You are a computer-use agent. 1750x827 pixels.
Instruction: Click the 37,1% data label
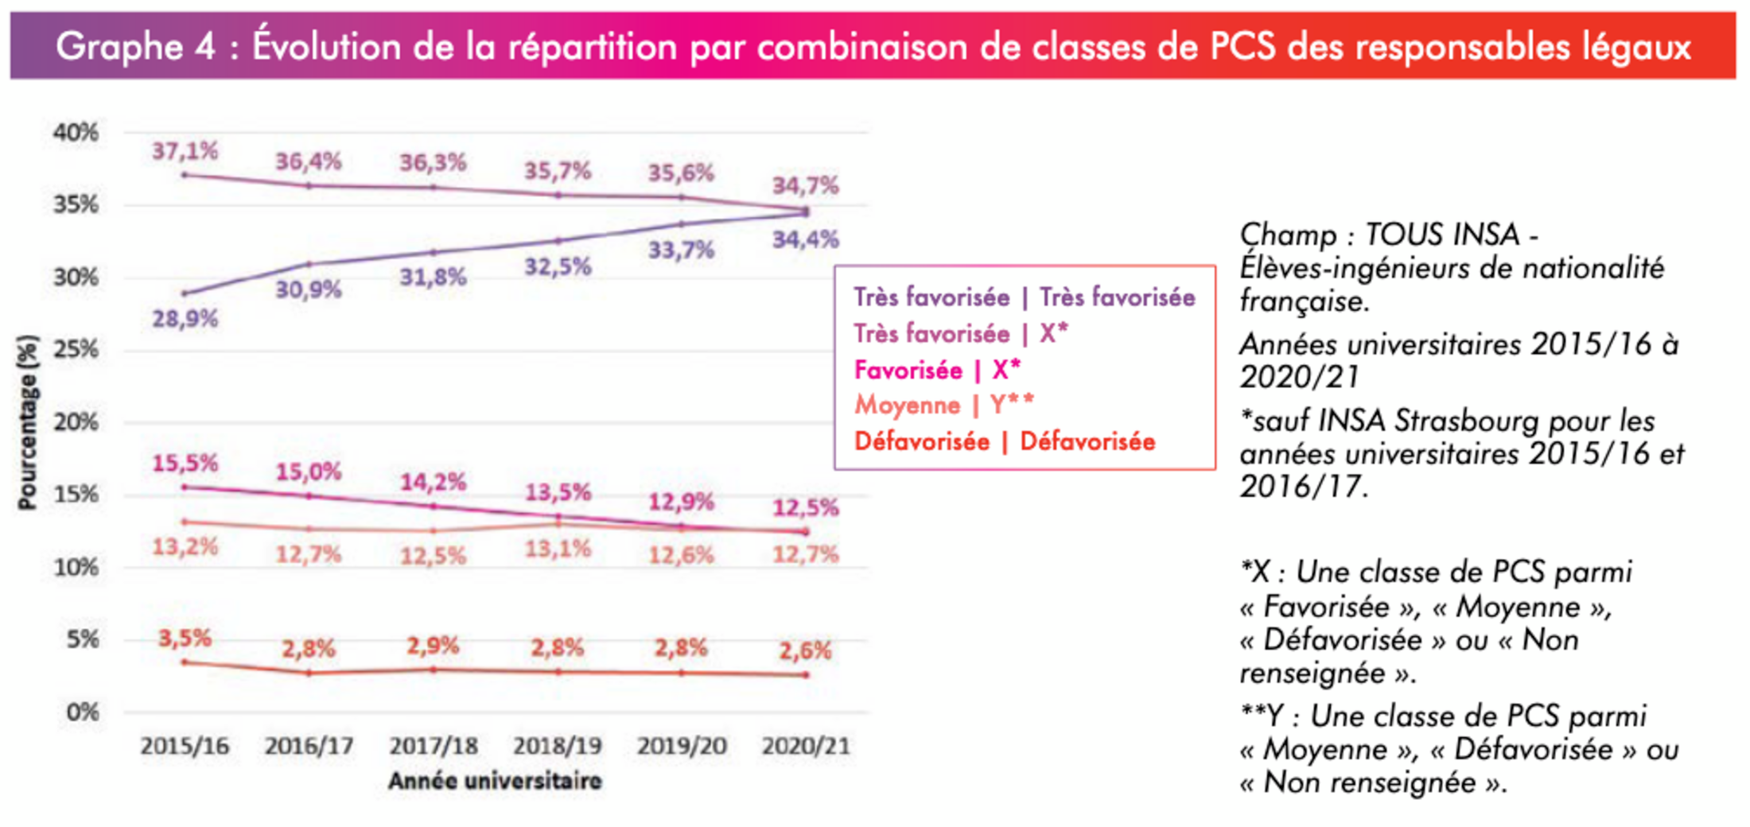tap(185, 150)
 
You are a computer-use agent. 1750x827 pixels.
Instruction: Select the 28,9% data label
tap(185, 319)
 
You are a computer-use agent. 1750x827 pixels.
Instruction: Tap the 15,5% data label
tap(185, 463)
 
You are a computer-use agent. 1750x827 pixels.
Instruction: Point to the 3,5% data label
tap(185, 638)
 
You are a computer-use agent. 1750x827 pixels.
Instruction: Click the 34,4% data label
tap(805, 239)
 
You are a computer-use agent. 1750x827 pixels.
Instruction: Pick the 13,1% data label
tap(558, 549)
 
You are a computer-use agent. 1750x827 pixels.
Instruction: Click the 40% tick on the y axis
tap(76, 132)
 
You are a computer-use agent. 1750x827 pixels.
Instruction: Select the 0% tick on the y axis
tap(82, 712)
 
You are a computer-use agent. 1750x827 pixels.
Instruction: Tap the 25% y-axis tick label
tap(76, 349)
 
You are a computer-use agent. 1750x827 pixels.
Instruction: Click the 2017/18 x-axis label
tap(433, 746)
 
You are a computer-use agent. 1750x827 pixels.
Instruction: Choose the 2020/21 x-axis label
tap(805, 746)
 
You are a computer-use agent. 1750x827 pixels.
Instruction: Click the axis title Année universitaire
tap(495, 781)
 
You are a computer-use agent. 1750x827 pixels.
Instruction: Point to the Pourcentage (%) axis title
tap(28, 421)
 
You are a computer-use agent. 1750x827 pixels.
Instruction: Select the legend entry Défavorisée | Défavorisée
tap(1004, 441)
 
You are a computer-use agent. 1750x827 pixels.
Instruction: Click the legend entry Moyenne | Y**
tap(943, 406)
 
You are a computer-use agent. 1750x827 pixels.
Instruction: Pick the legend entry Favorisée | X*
tap(937, 370)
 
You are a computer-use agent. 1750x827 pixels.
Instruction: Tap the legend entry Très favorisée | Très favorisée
tap(1024, 297)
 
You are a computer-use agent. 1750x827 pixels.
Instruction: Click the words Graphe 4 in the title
tap(135, 46)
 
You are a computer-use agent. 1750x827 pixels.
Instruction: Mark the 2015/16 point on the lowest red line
tap(185, 662)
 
